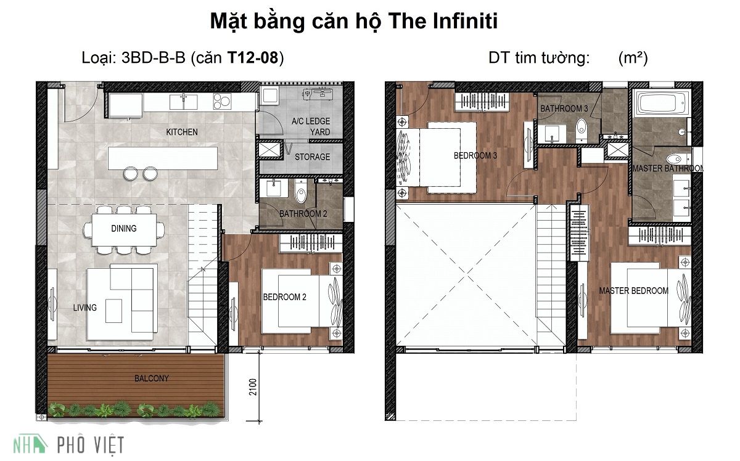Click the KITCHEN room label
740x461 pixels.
pyautogui.click(x=182, y=132)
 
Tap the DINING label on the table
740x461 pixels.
pyautogui.click(x=124, y=228)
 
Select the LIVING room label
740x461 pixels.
pyautogui.click(x=84, y=308)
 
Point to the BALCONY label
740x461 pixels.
pyautogui.click(x=152, y=378)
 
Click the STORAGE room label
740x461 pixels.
pyautogui.click(x=312, y=157)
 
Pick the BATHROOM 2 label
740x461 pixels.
pyautogui.click(x=303, y=214)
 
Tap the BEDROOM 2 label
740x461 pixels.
pyautogui.click(x=285, y=297)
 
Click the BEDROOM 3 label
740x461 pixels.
pyautogui.click(x=475, y=156)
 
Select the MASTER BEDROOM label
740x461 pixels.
pyautogui.click(x=634, y=291)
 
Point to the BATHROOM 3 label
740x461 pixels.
pyautogui.click(x=564, y=108)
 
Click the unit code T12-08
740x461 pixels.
pyautogui.click(x=253, y=59)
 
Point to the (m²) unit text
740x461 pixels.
pyautogui.click(x=633, y=59)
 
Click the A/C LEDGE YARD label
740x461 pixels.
pyautogui.click(x=311, y=126)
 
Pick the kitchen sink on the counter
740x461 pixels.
pyautogui.click(x=184, y=100)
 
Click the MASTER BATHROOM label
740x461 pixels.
pyautogui.click(x=668, y=168)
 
